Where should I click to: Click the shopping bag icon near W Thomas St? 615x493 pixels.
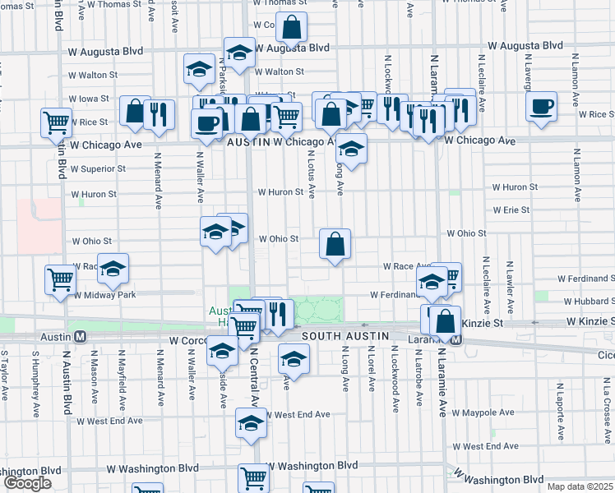coord(292,29)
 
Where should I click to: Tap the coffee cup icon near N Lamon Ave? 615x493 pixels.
coord(542,107)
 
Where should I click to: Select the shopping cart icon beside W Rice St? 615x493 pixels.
coord(56,122)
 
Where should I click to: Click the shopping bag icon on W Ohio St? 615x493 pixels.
coord(335,244)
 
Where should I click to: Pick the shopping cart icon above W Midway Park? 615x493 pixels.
coord(60,279)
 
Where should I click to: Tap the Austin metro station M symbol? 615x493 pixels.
coord(81,337)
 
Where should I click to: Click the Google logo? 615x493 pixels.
coord(27,482)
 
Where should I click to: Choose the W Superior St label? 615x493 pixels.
coord(98,169)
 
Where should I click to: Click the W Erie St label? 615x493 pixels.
coord(511,210)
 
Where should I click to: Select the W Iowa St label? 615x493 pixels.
coord(88,99)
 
